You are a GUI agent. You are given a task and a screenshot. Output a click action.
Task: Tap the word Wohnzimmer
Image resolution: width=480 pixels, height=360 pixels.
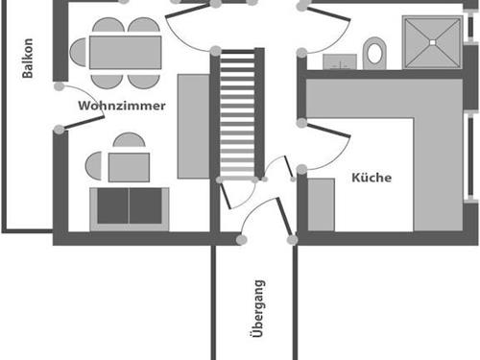click(123, 105)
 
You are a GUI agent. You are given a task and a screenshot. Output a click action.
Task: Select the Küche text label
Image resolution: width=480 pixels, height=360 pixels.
click(372, 178)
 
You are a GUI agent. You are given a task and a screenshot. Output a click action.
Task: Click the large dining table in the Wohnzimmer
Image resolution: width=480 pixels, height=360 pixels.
click(125, 52)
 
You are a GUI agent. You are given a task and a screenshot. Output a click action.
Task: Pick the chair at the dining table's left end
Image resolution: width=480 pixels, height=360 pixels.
click(77, 52)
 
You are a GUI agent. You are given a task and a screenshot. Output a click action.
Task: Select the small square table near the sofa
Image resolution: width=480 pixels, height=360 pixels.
click(128, 167)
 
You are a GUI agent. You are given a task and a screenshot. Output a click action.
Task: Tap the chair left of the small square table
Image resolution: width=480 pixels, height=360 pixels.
click(93, 166)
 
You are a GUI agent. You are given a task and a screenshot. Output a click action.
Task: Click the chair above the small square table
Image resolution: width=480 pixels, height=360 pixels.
click(128, 140)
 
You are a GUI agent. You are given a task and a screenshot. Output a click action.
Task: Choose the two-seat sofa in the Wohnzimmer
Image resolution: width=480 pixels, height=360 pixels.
click(128, 207)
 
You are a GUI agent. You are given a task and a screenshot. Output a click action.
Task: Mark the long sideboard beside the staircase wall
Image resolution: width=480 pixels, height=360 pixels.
click(193, 128)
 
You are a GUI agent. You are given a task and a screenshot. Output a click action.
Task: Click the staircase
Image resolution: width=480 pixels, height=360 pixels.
click(238, 113)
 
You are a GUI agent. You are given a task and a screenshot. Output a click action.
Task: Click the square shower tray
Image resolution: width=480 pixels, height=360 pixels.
click(431, 43)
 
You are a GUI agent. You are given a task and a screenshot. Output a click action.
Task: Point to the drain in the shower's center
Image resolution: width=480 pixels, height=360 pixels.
click(431, 43)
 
